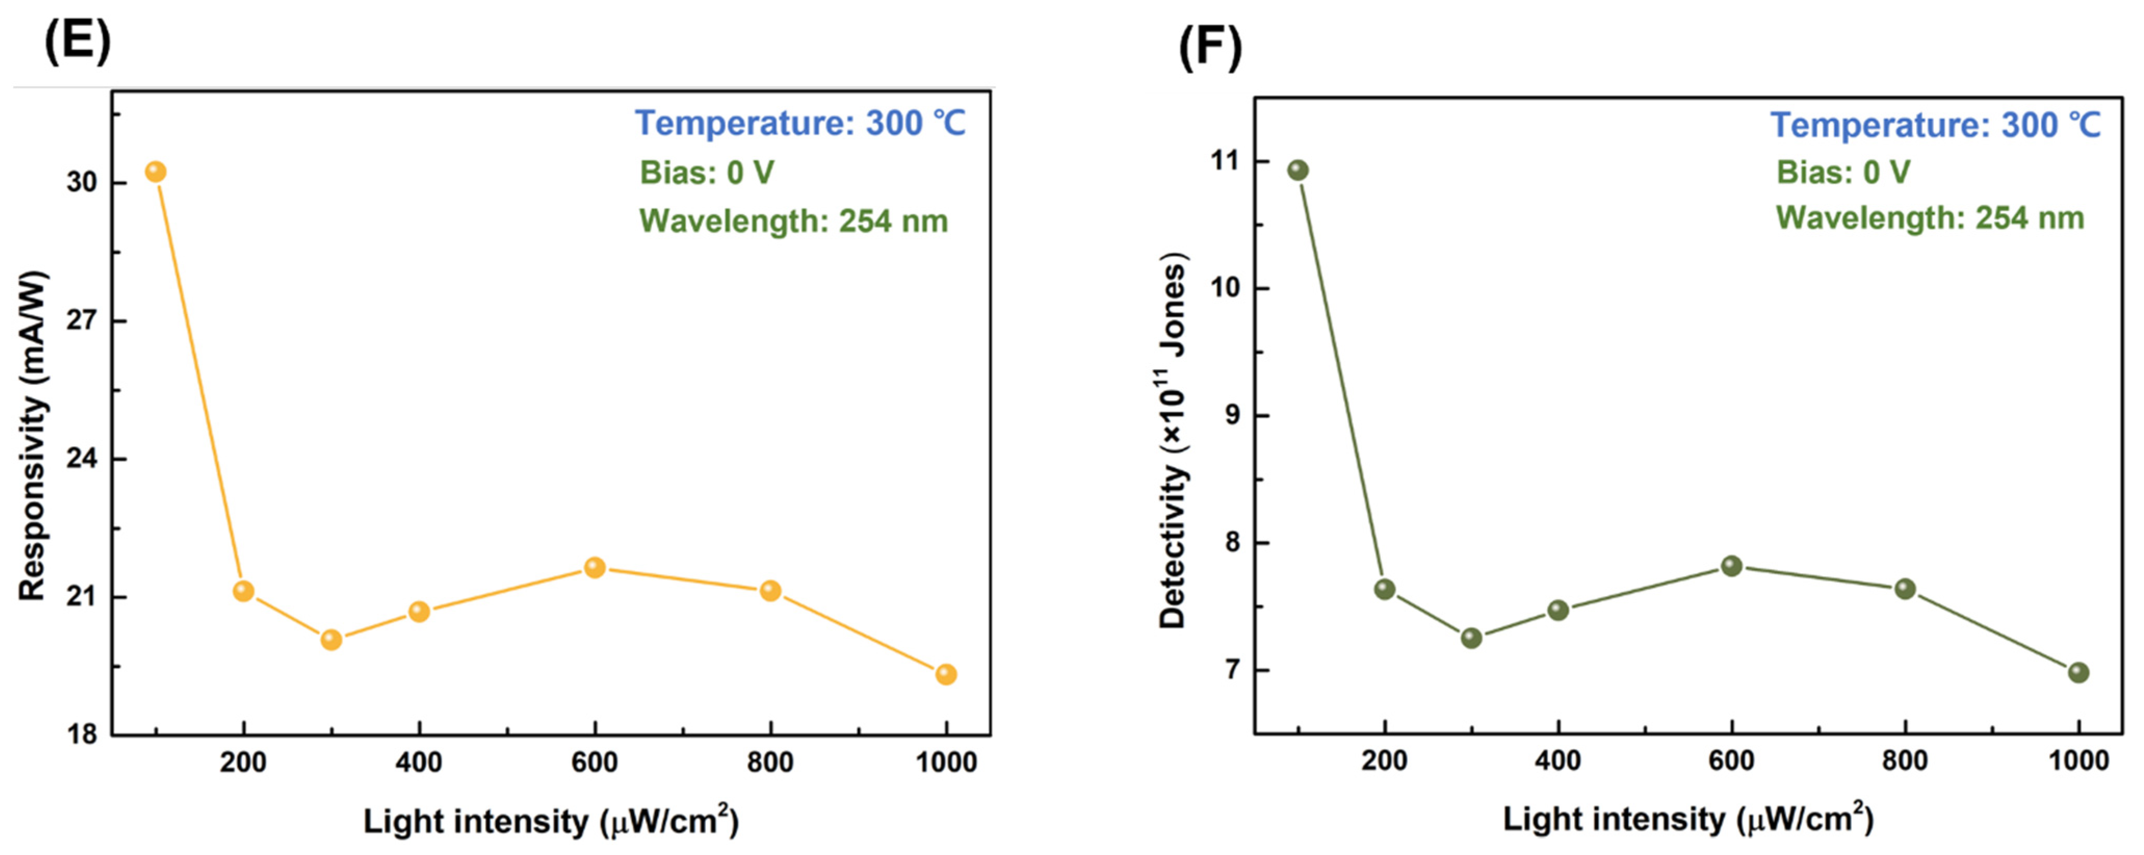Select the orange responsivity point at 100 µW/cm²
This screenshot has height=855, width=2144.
pos(155,172)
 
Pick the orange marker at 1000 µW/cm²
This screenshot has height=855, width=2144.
pos(946,675)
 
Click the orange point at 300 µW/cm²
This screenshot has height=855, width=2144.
pos(331,639)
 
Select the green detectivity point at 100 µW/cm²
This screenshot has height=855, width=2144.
pos(1298,171)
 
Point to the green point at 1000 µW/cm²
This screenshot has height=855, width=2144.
pos(2078,672)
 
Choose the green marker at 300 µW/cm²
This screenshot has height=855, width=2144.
pos(1471,638)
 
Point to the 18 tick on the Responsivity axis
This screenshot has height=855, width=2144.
pos(82,734)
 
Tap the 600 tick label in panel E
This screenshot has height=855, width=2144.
pos(594,762)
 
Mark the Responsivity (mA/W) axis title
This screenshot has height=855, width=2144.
pos(32,435)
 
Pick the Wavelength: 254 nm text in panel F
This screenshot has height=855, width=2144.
pos(1929,218)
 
